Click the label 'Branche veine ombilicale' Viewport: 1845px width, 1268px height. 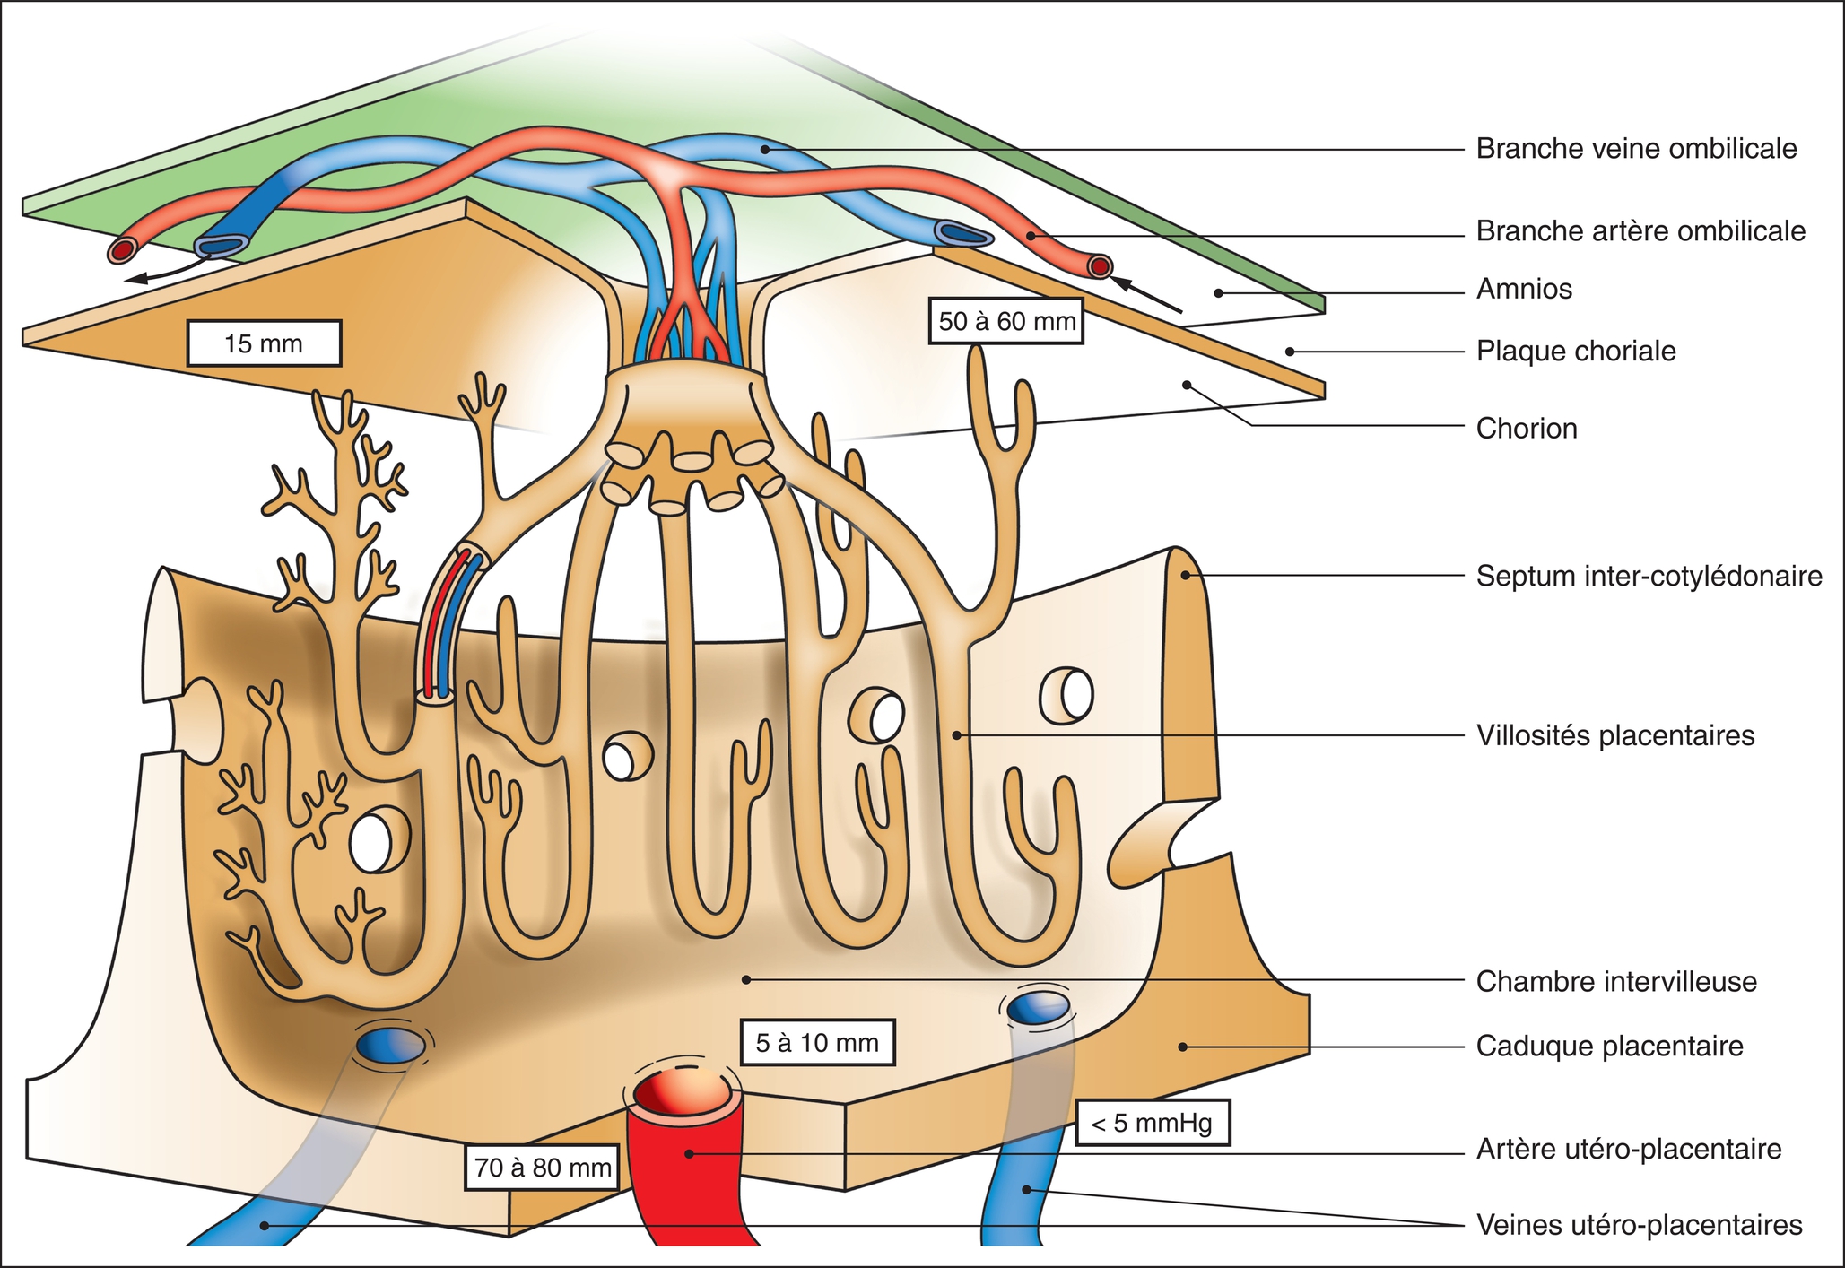tap(1636, 149)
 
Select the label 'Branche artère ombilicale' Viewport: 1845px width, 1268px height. tap(1640, 231)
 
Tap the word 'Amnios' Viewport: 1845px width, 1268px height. tap(1524, 290)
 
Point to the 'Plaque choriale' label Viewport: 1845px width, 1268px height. tap(1576, 352)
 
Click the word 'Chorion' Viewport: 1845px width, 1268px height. tap(1527, 429)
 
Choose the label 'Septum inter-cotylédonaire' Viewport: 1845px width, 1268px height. tap(1649, 576)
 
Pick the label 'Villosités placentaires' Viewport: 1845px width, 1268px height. tap(1614, 736)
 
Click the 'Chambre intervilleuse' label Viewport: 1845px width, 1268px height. tap(1616, 982)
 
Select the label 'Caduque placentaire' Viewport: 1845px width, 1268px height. tap(1609, 1047)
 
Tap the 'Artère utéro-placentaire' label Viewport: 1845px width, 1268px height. tap(1629, 1150)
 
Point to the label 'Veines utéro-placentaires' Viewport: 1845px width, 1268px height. tap(1639, 1226)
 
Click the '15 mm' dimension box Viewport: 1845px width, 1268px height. tap(264, 343)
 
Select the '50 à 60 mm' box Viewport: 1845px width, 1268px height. tap(1006, 321)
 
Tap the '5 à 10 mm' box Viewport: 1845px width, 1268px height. tap(817, 1043)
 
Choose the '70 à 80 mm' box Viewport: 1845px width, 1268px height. tap(543, 1168)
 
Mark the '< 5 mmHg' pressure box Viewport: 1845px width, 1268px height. tap(1152, 1123)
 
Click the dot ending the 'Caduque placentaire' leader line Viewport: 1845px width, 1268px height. tap(1183, 1047)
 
